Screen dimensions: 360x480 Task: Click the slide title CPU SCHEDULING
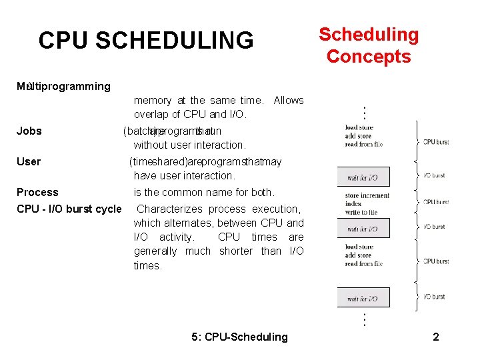[146, 41]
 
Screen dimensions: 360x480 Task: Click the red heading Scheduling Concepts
[369, 45]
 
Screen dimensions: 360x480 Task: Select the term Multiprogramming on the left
[64, 86]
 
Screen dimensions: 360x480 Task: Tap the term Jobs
[29, 131]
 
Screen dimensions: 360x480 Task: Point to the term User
[29, 161]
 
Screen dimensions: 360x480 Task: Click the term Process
[37, 192]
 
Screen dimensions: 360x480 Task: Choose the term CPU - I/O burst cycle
[69, 209]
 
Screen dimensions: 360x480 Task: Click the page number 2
[435, 337]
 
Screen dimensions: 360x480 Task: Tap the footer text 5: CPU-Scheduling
[239, 337]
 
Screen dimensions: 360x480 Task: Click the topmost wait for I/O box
[363, 177]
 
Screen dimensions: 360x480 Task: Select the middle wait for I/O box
[363, 229]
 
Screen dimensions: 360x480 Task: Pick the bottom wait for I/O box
[363, 298]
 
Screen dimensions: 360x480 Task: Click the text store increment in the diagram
[367, 196]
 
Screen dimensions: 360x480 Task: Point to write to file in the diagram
[361, 212]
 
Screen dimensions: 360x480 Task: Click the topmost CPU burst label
[437, 141]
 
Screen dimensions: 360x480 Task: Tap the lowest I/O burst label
[434, 297]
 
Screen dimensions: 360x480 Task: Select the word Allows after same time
[289, 100]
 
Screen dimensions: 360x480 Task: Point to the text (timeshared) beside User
[157, 161]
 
